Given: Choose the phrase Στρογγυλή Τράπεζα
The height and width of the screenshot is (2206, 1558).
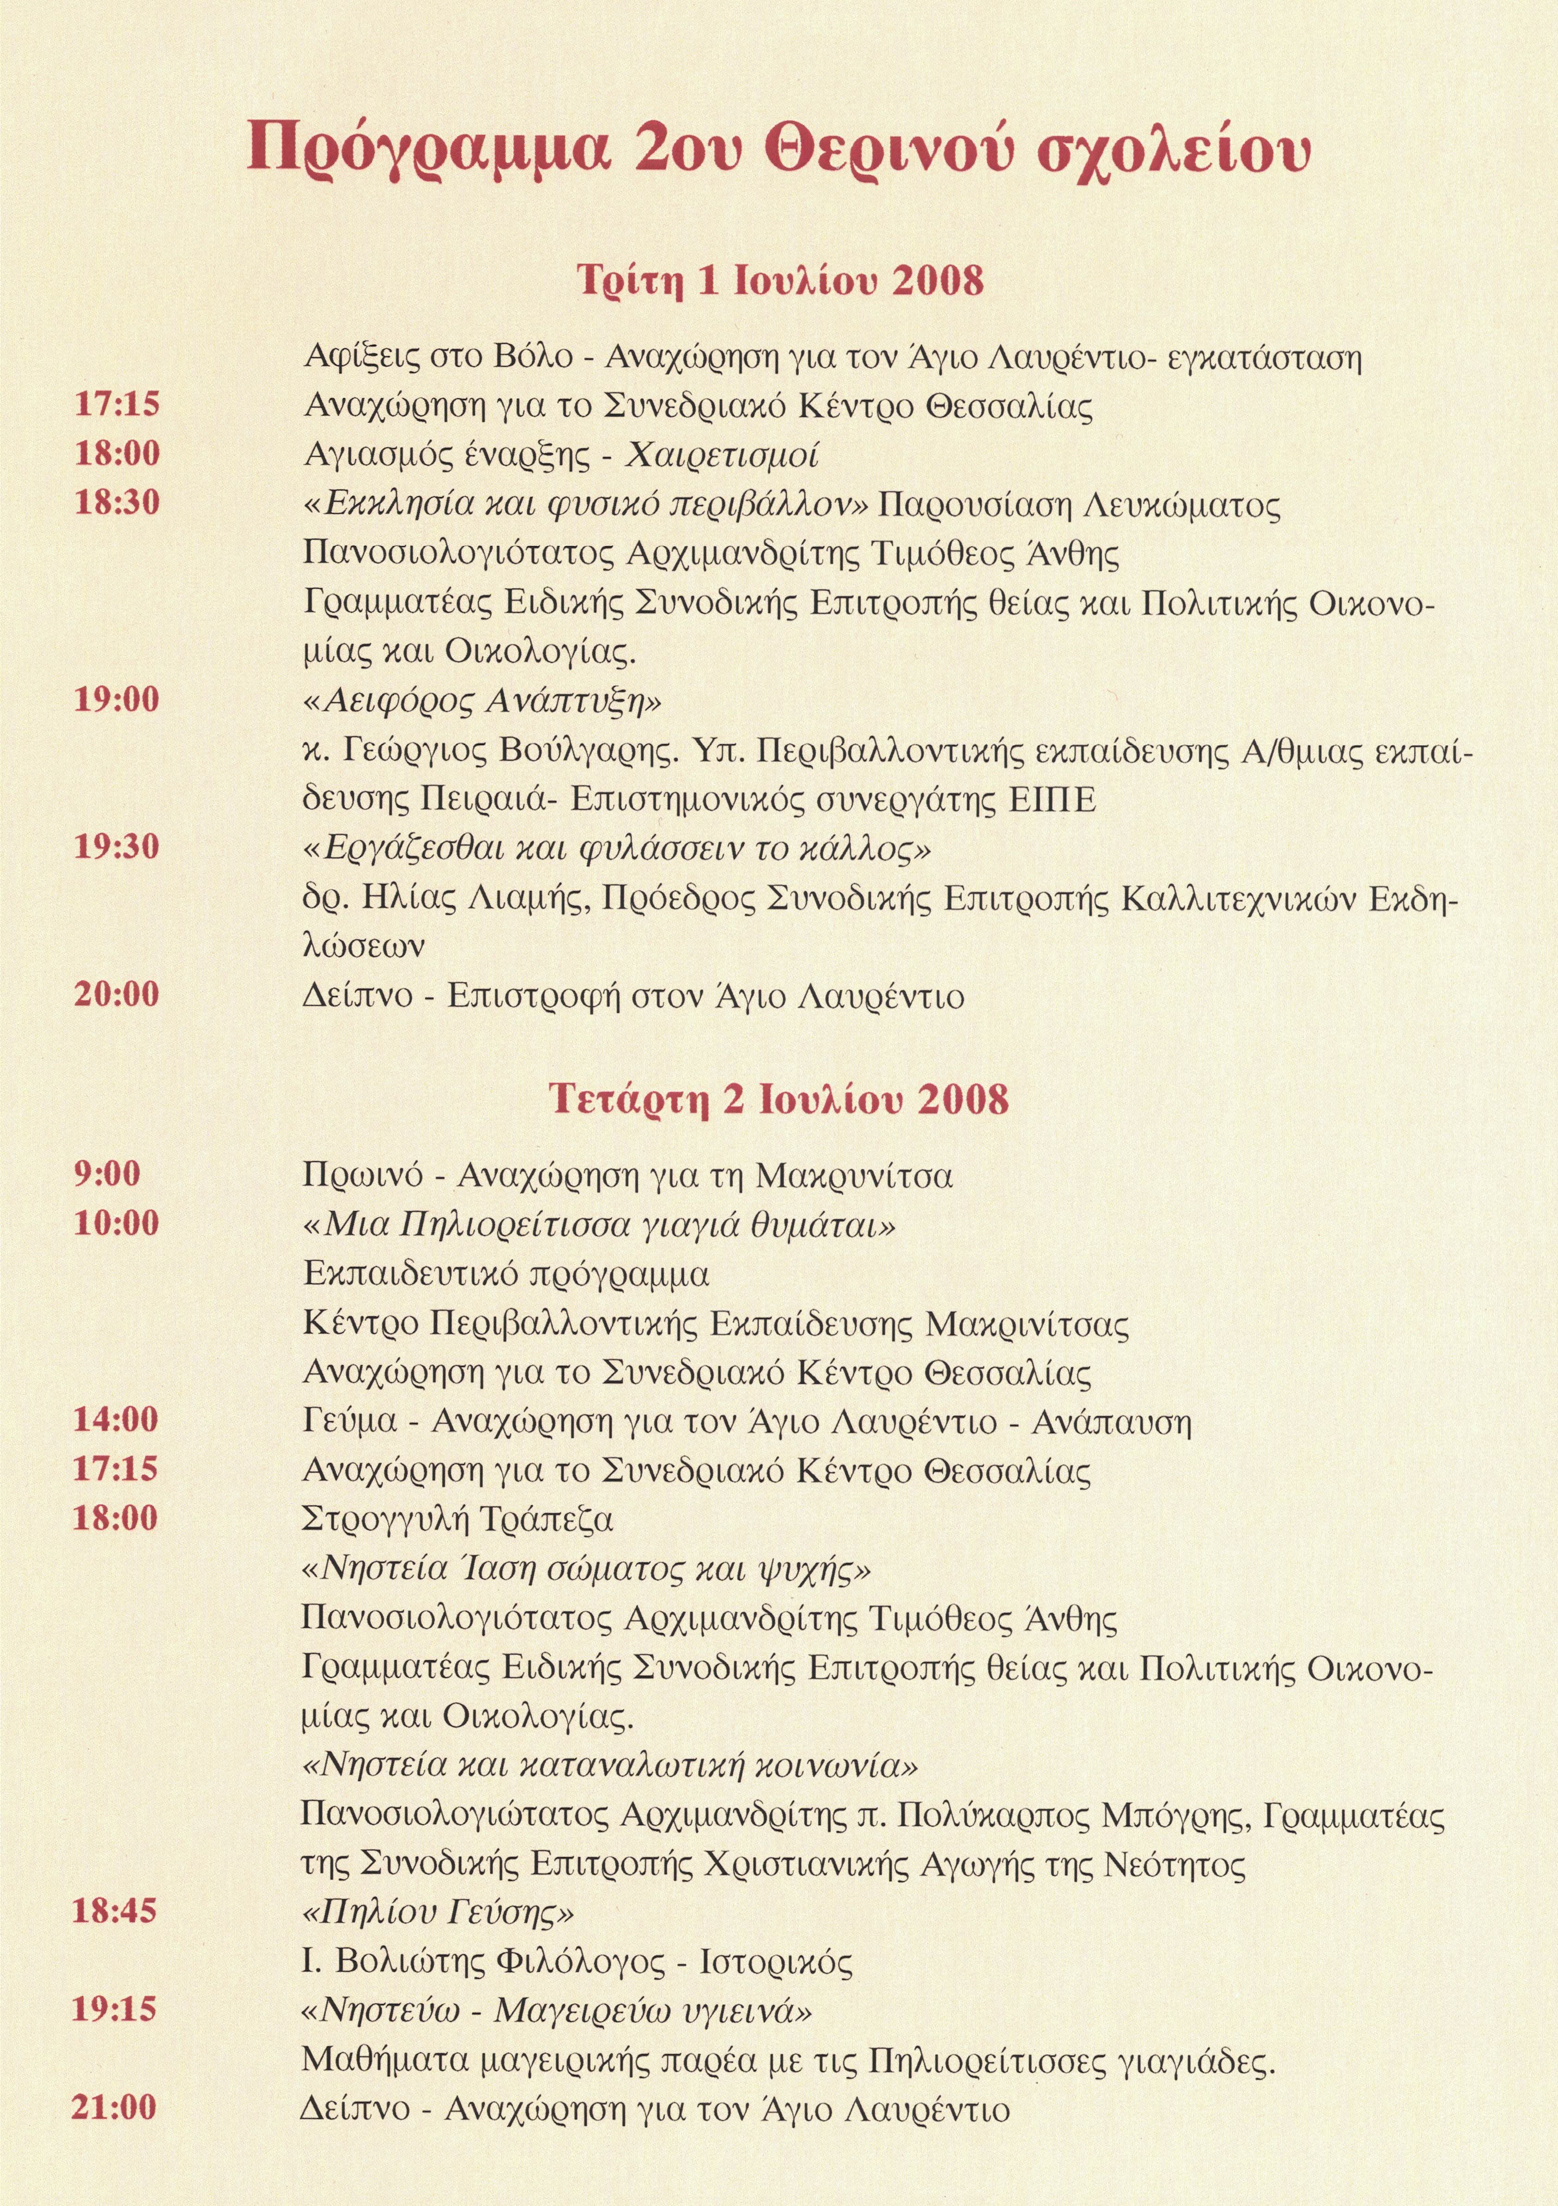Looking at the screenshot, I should pos(457,1519).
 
